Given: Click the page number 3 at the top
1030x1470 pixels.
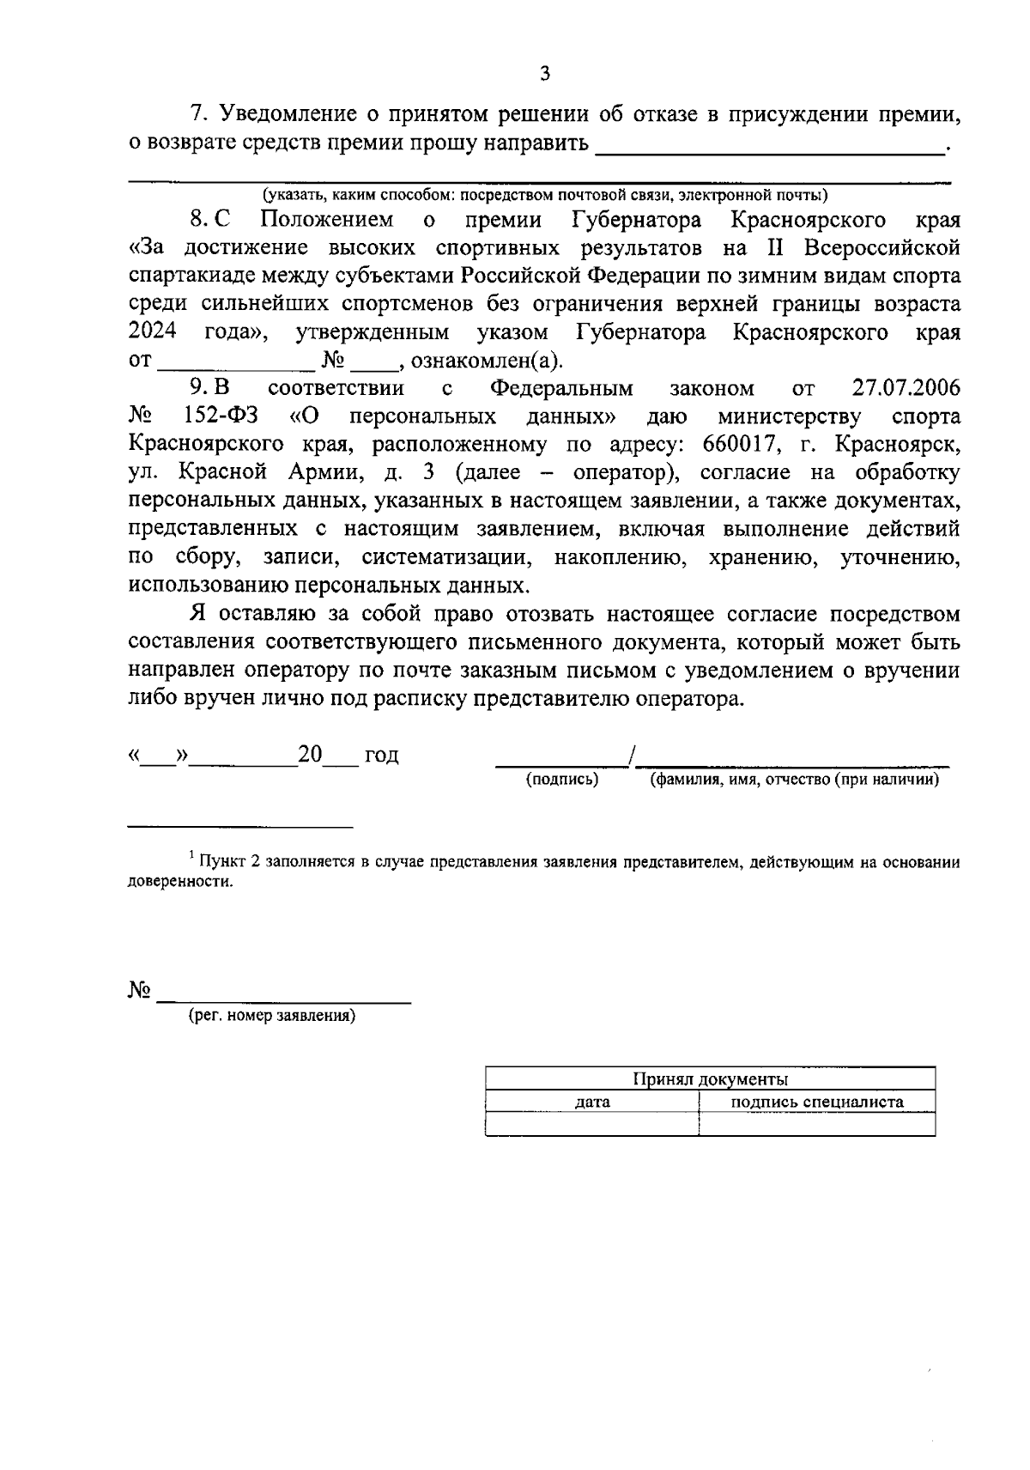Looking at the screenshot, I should click(544, 74).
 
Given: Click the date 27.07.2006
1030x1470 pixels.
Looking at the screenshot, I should click(906, 388).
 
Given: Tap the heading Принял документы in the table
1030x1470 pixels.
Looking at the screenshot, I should click(710, 1079).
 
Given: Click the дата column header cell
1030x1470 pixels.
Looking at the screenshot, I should click(592, 1102).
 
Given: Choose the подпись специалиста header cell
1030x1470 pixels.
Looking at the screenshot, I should click(816, 1102).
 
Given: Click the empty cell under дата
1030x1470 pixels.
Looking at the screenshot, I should click(592, 1124).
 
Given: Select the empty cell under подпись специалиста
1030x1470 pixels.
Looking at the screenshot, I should click(816, 1124).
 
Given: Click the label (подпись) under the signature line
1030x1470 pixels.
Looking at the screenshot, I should click(561, 780).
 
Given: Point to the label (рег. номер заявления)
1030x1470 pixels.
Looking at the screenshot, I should click(272, 1016).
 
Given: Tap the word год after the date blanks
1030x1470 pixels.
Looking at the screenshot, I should click(381, 756).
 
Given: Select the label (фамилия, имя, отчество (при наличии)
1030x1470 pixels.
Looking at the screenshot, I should click(794, 780).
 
